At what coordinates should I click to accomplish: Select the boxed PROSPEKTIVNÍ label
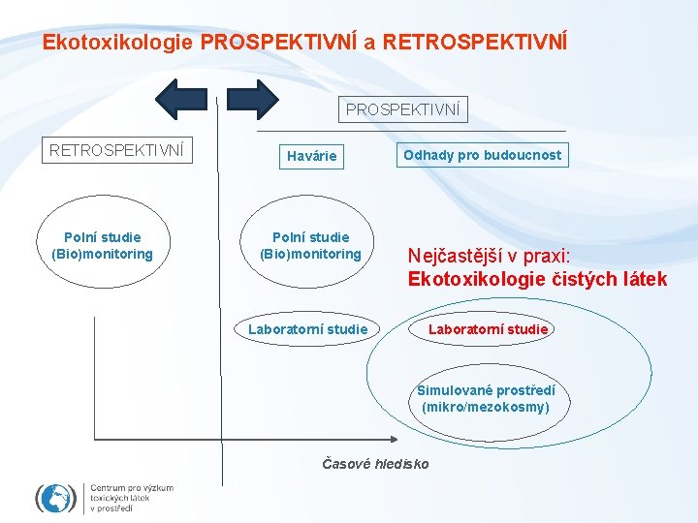(x=403, y=109)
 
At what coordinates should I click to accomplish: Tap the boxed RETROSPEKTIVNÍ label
(x=116, y=150)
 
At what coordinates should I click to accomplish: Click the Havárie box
(x=312, y=156)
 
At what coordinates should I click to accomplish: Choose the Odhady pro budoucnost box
(x=482, y=155)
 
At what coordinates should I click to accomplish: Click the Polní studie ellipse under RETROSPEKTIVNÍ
(x=102, y=246)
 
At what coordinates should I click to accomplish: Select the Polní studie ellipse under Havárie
(x=310, y=246)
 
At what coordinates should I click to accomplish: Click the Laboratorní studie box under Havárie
(x=307, y=329)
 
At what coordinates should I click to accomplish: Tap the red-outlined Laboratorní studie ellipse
(x=489, y=329)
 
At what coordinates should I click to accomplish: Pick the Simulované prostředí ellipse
(x=485, y=398)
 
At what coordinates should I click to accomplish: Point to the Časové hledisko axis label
(x=375, y=464)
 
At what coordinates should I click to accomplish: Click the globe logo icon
(x=55, y=498)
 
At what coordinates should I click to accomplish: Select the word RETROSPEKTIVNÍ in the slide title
(x=475, y=43)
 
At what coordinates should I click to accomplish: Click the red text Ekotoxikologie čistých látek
(x=537, y=280)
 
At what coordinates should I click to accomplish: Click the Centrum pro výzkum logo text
(x=131, y=497)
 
